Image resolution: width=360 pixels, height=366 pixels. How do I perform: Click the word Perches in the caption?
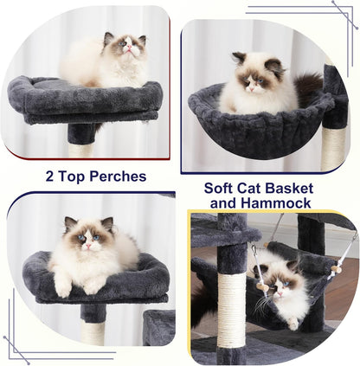click(111, 177)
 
